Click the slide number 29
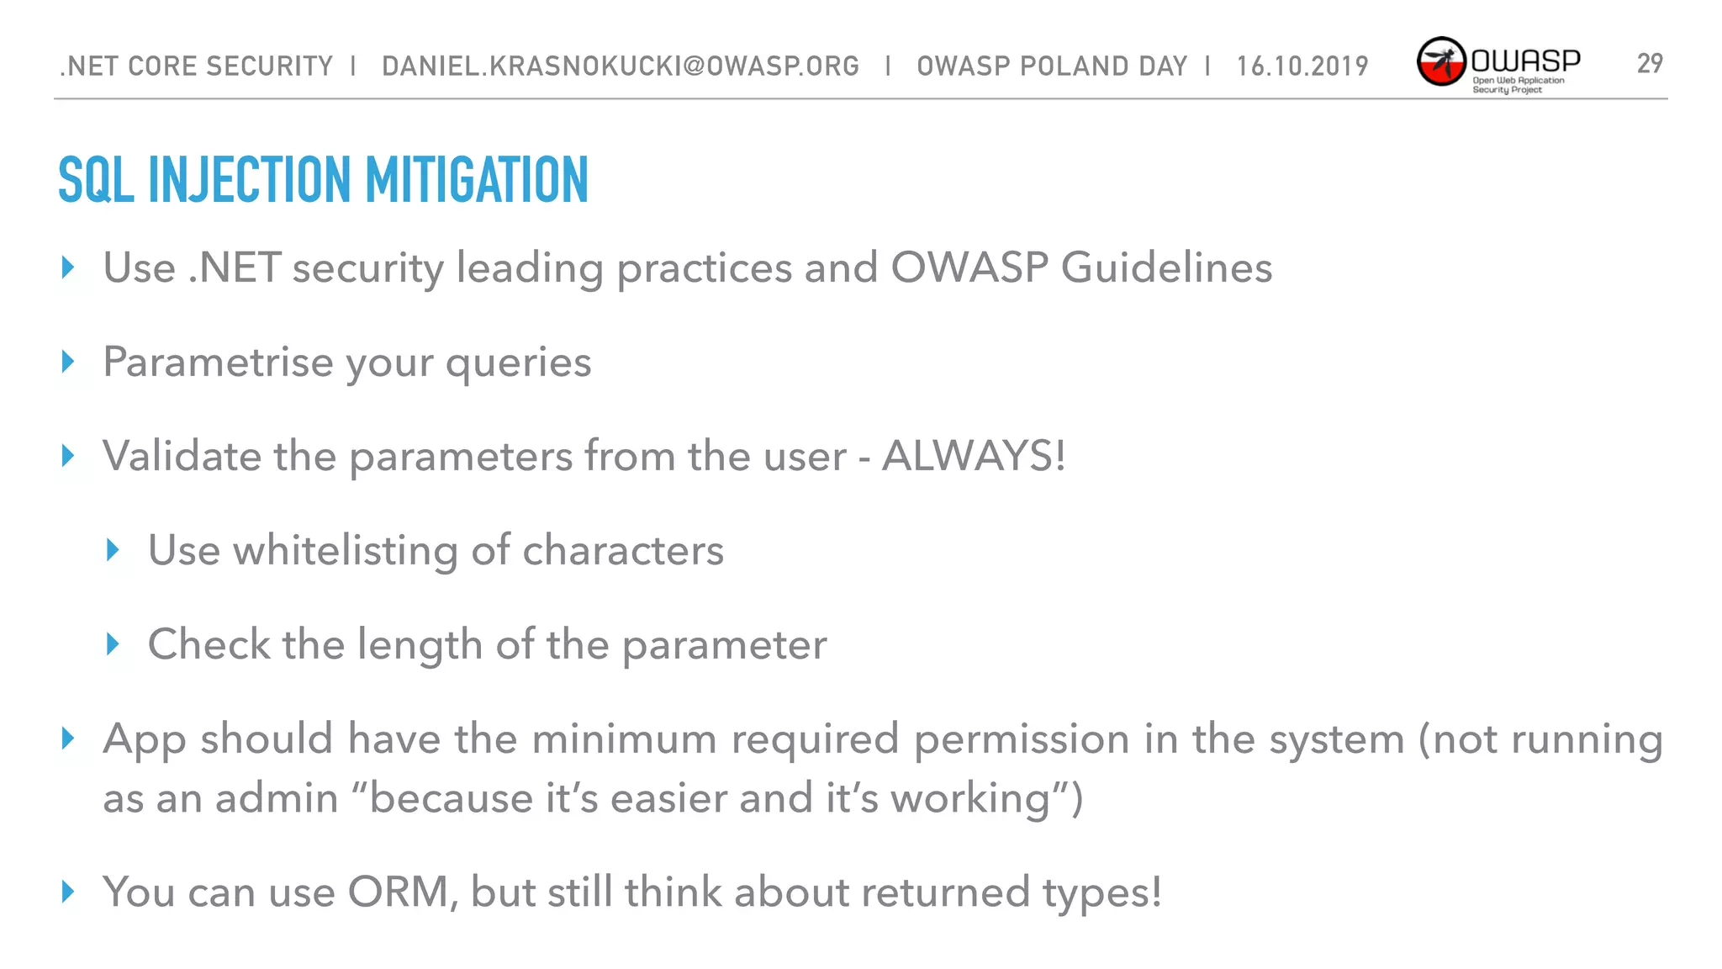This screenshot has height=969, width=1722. coord(1649,63)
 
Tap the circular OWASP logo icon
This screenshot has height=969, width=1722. coord(1441,61)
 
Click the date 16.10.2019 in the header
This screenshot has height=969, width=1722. coord(1302,66)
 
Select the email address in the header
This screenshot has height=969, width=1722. coord(621,66)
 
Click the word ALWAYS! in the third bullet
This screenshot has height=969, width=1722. coord(974,456)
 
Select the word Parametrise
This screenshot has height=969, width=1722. coord(218,363)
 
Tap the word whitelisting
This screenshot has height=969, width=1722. coord(345,550)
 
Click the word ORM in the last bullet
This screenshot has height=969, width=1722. coord(398,892)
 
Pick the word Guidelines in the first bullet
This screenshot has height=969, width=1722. coord(1166,268)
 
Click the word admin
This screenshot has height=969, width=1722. coord(277,798)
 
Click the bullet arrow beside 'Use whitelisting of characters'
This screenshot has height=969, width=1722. coord(114,550)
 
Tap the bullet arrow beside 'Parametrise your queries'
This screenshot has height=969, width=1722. coord(69,362)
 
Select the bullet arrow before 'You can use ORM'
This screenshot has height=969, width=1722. coord(69,892)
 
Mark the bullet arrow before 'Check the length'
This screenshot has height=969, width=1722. coord(114,644)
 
